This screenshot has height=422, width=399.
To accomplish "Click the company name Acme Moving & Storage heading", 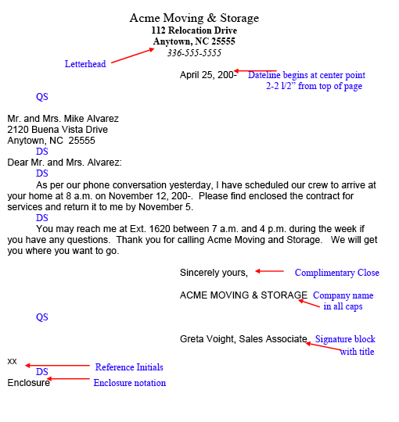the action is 194,18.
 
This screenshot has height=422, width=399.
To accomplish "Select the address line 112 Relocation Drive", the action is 194,30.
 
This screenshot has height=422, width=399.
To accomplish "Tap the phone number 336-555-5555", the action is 194,53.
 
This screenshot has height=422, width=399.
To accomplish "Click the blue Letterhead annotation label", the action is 85,64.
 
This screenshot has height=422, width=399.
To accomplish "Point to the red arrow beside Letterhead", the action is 133,55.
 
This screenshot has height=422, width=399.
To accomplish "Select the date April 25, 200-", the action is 208,75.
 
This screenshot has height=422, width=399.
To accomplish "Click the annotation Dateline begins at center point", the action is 307,76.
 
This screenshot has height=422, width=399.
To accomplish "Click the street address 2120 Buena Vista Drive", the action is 58,130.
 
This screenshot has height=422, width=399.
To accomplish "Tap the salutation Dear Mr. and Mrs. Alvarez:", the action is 65,163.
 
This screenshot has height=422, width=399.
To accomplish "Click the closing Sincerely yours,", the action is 214,273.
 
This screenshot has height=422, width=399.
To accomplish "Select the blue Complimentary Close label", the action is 336,274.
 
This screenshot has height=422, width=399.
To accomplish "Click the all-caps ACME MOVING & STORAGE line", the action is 243,295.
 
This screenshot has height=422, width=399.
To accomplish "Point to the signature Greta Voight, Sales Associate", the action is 243,339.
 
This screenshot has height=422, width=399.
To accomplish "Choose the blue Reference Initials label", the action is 129,367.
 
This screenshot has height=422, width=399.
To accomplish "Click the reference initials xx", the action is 12,361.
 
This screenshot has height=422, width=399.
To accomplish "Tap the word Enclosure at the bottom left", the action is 28,383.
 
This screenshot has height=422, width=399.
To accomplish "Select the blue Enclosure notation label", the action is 130,383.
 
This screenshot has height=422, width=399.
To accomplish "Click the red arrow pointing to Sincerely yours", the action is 270,272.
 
